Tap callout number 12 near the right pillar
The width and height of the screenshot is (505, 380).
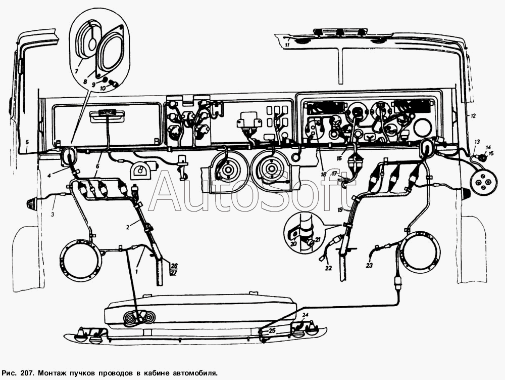473,115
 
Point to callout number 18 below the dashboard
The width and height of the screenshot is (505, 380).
323,174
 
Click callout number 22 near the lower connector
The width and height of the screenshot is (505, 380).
328,268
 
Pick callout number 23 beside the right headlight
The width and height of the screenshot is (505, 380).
370,266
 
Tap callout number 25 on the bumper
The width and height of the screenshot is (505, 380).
273,330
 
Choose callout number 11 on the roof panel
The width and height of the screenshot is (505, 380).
287,45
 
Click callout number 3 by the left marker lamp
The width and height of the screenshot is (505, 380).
53,214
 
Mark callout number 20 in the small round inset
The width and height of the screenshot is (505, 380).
293,244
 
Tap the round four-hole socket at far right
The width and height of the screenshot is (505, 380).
482,182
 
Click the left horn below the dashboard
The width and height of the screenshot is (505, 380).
228,169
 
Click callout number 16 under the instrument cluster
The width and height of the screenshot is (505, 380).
339,159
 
